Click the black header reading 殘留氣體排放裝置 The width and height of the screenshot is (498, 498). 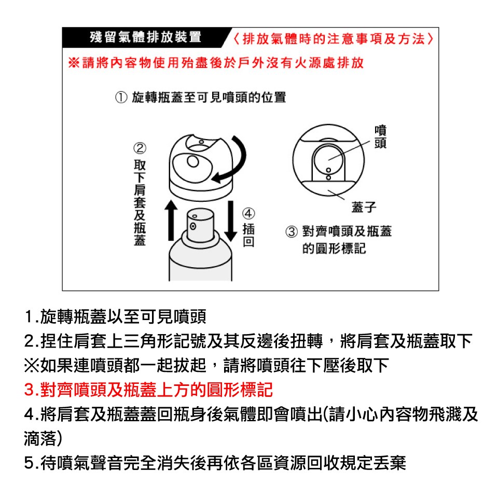[x=145, y=37]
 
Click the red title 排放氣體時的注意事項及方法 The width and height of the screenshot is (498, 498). [x=334, y=39]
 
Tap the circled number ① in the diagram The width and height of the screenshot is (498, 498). [x=121, y=97]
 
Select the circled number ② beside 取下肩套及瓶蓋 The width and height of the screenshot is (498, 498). [x=140, y=148]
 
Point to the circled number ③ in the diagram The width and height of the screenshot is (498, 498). [x=292, y=231]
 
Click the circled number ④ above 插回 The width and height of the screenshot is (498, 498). [x=248, y=213]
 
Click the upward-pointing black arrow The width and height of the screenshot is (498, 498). [x=171, y=220]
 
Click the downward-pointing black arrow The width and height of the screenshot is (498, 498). [x=230, y=221]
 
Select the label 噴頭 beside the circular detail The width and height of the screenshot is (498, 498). [x=380, y=137]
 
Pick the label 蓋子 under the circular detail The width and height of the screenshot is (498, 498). [x=364, y=207]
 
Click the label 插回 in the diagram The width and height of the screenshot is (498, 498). [x=248, y=236]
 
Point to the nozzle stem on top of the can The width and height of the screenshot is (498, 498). [x=200, y=225]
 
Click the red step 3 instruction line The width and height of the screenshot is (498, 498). [x=148, y=390]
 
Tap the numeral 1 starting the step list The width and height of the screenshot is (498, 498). [x=29, y=316]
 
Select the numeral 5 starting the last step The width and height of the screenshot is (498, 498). [x=29, y=463]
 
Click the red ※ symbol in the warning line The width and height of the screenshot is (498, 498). [x=74, y=63]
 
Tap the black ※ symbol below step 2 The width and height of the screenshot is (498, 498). [x=32, y=365]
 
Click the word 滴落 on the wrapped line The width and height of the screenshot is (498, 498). [x=40, y=439]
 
